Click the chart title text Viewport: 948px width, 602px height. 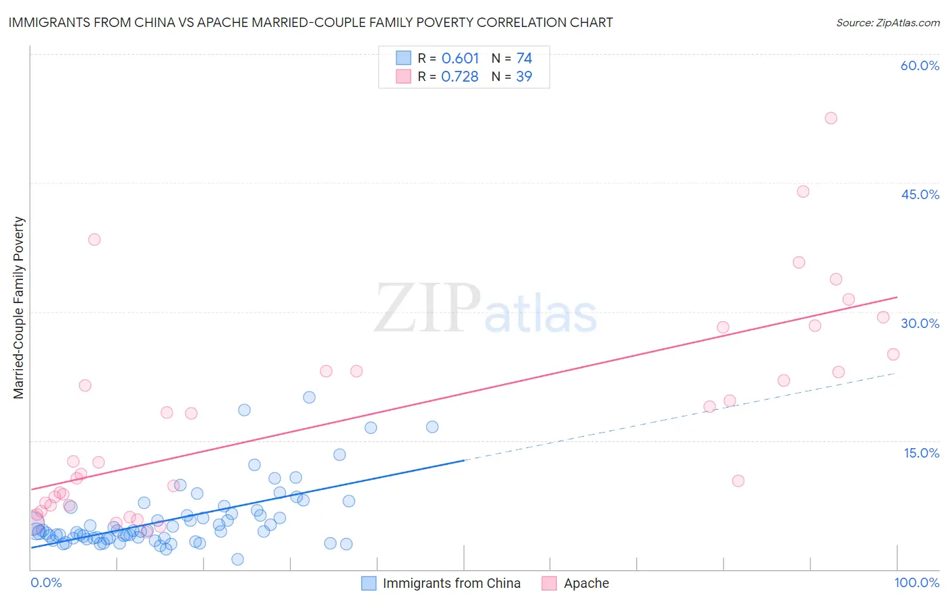point(310,22)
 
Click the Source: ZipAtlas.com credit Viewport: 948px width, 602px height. point(887,22)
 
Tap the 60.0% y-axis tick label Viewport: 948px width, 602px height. point(920,65)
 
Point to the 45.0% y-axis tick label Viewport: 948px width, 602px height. point(920,194)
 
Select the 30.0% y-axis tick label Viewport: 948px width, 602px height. point(920,323)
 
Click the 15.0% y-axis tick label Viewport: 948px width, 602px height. point(921,452)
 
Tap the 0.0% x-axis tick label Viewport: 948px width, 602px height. point(46,582)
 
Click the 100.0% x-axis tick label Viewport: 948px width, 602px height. point(916,582)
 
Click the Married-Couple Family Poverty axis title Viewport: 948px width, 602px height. point(19,307)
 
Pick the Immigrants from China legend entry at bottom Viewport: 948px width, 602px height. point(441,583)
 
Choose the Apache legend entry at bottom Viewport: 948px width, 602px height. point(576,583)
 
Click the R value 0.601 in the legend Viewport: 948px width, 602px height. point(460,59)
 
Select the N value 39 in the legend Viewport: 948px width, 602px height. point(524,77)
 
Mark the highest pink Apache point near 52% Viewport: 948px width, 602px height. point(831,118)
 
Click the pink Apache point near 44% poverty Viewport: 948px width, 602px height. point(802,192)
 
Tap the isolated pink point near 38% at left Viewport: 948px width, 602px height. point(94,240)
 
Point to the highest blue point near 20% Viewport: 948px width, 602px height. point(309,398)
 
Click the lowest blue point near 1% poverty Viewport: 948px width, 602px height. point(237,559)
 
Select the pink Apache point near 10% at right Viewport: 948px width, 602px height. point(738,481)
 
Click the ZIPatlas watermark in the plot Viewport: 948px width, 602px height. point(485,308)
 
